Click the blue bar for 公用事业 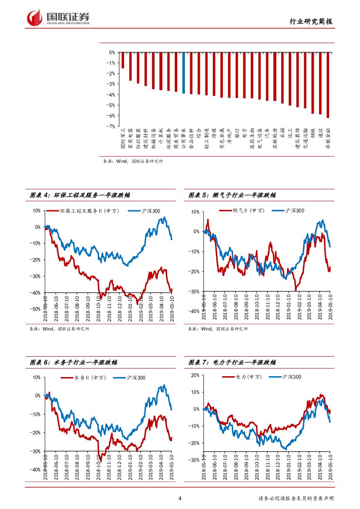(184, 73)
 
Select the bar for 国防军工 (123, 60)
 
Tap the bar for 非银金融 (328, 85)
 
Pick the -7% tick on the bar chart (111, 126)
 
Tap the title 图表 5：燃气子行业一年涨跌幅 (232, 196)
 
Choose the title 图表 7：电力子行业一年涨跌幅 (232, 362)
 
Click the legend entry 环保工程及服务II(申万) (85, 211)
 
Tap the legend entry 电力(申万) (242, 377)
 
